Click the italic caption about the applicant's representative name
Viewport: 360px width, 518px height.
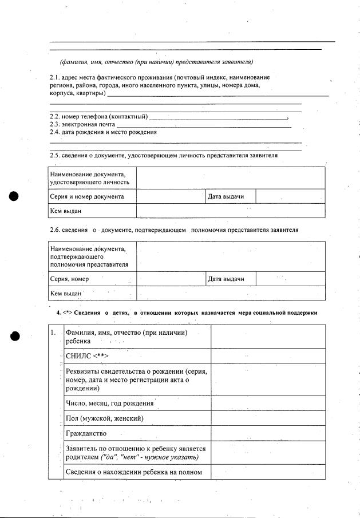(156, 62)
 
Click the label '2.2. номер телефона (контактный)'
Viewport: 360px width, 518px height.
(98, 117)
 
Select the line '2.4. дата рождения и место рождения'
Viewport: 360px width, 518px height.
(103, 132)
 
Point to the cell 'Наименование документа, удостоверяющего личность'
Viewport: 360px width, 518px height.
(89, 177)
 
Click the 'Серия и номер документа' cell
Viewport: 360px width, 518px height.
(87, 196)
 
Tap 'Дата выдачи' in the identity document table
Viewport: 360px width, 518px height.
(226, 196)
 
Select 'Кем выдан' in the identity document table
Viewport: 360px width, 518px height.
(65, 211)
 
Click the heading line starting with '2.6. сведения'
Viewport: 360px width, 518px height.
(174, 230)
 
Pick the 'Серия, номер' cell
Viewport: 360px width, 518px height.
(69, 279)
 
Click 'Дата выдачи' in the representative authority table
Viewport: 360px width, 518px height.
(226, 279)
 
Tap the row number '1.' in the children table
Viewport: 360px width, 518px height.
(53, 333)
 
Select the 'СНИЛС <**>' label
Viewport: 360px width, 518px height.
(87, 355)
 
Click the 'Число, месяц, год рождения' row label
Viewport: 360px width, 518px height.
(110, 403)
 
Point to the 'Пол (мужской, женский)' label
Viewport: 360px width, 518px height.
(105, 418)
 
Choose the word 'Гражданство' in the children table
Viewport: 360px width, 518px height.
(86, 433)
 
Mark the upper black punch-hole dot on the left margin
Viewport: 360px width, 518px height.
(15, 196)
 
